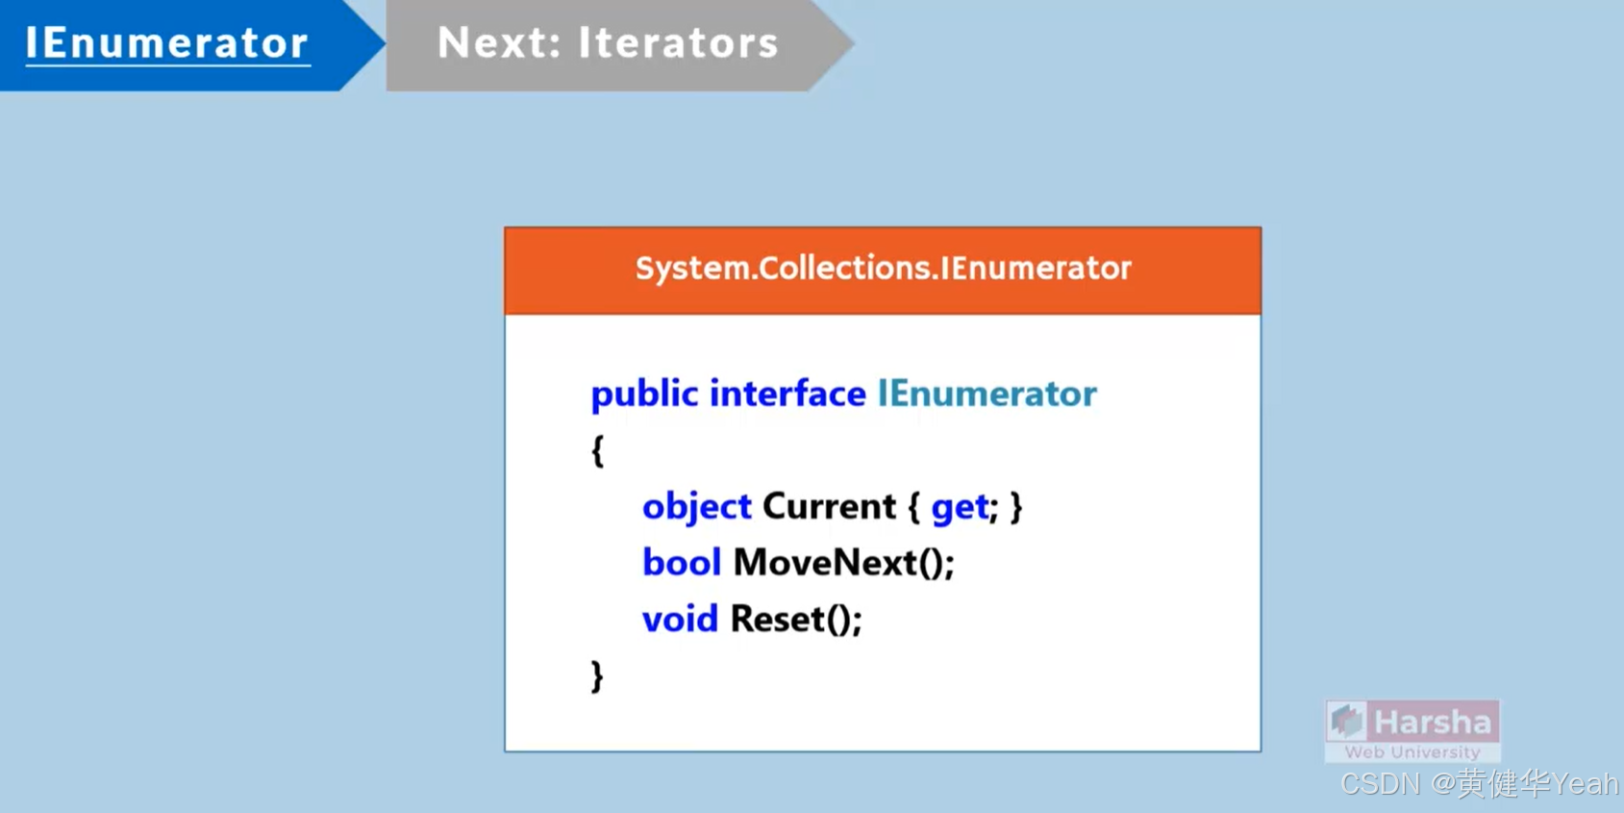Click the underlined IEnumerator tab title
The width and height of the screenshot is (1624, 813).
pos(167,43)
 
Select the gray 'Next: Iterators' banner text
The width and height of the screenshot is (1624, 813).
pos(607,43)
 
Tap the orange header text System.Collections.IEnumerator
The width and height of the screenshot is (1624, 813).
pos(883,267)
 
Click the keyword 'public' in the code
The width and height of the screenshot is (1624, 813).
pos(644,394)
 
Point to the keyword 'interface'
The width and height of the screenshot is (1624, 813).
pos(787,394)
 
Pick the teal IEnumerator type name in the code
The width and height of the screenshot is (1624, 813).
pos(987,394)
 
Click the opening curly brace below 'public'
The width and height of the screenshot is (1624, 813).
pos(597,450)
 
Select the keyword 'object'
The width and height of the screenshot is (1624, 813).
pos(696,507)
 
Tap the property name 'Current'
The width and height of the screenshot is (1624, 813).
pos(829,507)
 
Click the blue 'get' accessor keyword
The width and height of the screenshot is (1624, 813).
pos(959,507)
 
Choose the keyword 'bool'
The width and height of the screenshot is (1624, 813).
pos(681,563)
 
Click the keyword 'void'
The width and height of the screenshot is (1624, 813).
pos(680,619)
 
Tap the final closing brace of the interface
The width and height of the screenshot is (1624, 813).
pos(597,676)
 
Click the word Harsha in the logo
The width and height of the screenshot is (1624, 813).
pos(1433,722)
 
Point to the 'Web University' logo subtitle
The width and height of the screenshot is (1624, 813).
pos(1412,752)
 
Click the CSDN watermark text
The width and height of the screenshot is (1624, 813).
pos(1479,784)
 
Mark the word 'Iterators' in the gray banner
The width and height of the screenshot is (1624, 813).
pos(678,43)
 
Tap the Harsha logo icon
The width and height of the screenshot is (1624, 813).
pos(1347,721)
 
